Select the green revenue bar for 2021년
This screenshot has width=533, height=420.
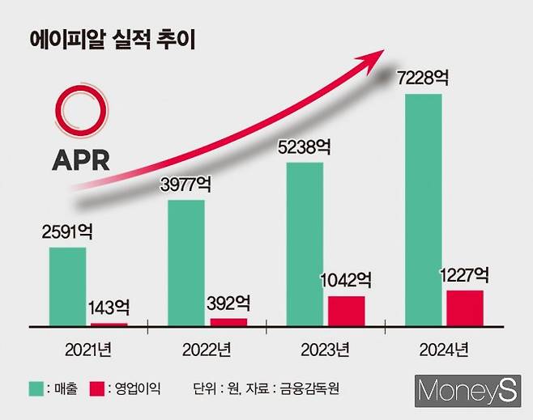(x=67, y=286)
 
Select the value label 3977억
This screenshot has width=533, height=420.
(x=185, y=185)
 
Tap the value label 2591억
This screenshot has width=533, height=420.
(x=67, y=231)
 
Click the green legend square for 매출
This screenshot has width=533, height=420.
(x=36, y=388)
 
